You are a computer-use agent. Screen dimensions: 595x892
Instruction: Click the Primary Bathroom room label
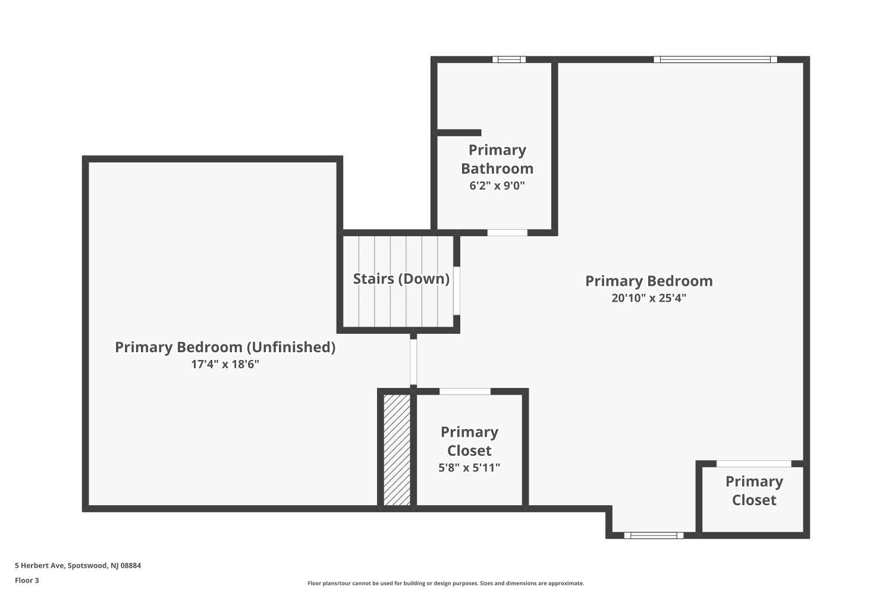point(497,159)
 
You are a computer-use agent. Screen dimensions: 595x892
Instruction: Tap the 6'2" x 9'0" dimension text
point(497,186)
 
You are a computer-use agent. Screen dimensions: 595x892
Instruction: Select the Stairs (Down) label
point(401,278)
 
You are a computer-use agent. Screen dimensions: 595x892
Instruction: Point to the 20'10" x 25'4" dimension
point(649,298)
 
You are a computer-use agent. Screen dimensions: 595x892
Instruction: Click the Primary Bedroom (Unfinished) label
point(225,347)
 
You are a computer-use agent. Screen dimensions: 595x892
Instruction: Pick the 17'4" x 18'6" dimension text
point(225,364)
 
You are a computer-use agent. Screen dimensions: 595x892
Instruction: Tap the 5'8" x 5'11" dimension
point(469,468)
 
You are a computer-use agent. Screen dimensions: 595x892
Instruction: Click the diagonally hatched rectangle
point(397,450)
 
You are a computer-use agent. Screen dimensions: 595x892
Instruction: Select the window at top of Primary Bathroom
point(509,59)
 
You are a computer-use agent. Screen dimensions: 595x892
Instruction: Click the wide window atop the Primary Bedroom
point(715,59)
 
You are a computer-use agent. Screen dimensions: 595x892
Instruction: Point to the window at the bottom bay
point(654,535)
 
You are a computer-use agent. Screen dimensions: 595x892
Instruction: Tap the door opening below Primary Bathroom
point(507,233)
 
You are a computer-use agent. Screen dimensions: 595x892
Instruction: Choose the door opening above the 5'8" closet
point(465,392)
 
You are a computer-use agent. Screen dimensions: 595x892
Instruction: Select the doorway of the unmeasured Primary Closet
point(754,464)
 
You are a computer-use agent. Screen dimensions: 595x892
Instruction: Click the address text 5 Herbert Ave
point(78,566)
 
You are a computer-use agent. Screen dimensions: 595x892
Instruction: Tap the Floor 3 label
point(27,580)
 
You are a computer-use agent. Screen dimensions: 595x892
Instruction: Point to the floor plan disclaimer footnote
point(445,584)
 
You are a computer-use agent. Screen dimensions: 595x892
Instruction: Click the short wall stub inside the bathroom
point(459,133)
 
